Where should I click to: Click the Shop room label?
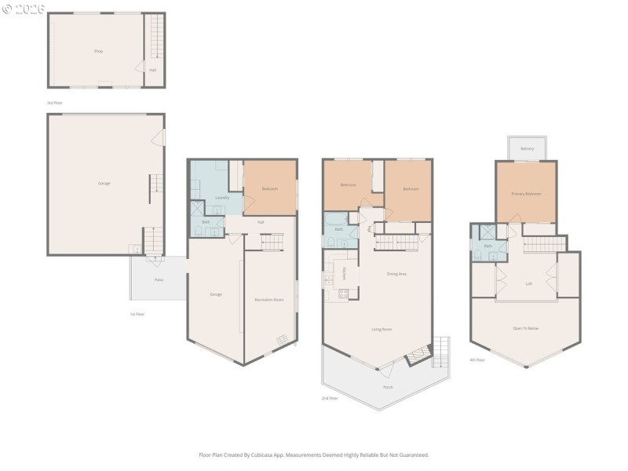click(98, 51)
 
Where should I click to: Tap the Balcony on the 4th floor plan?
click(528, 148)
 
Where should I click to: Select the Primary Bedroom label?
click(526, 193)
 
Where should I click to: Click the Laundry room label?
click(222, 197)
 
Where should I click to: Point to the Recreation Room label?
click(268, 299)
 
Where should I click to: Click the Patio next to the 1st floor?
click(159, 279)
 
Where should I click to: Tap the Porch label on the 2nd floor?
click(388, 386)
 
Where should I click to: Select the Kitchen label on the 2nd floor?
click(344, 273)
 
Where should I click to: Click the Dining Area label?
click(396, 274)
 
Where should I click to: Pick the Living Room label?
click(382, 329)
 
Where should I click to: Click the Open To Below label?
click(526, 327)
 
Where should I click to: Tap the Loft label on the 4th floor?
click(529, 284)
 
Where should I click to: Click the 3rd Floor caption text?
click(54, 103)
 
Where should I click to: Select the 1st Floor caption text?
click(137, 314)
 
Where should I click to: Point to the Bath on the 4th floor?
click(487, 246)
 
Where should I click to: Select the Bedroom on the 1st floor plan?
click(269, 189)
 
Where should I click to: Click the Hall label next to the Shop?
click(152, 70)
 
